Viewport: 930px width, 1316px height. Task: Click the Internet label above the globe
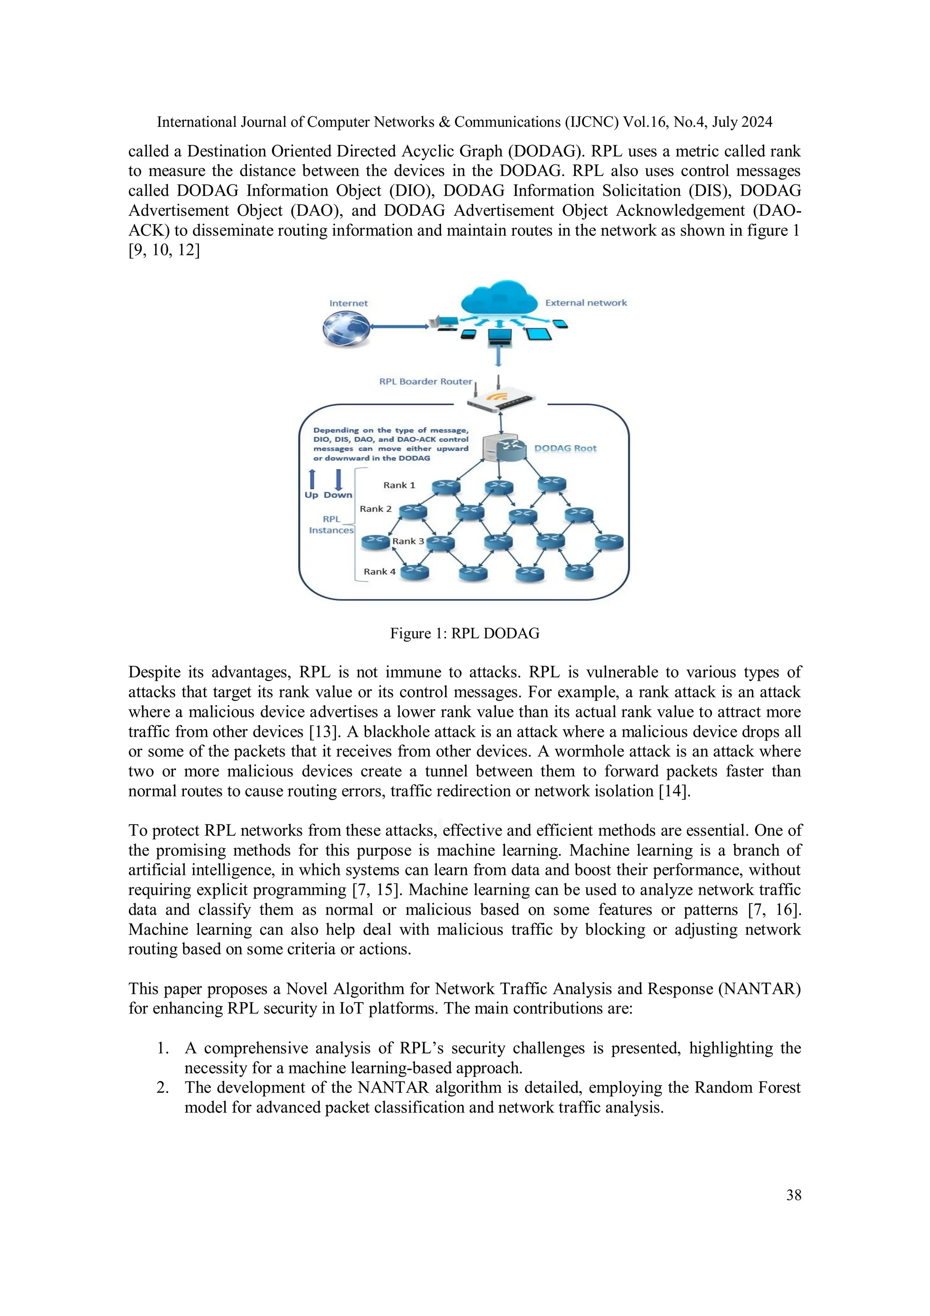tap(348, 303)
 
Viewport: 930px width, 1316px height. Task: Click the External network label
tap(586, 303)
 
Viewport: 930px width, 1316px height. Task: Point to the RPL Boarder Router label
tap(425, 381)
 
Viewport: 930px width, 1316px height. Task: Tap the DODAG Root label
tap(565, 448)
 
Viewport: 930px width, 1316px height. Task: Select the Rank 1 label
tap(399, 485)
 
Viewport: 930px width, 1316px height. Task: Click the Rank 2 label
tap(376, 508)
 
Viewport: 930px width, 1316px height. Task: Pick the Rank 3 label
tap(408, 541)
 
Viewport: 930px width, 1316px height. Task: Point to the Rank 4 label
tap(379, 571)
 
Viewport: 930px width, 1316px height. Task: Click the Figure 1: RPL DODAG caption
tap(465, 633)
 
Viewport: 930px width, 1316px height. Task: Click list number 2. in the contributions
tap(163, 1088)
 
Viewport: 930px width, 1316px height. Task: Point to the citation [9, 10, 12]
tap(164, 250)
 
